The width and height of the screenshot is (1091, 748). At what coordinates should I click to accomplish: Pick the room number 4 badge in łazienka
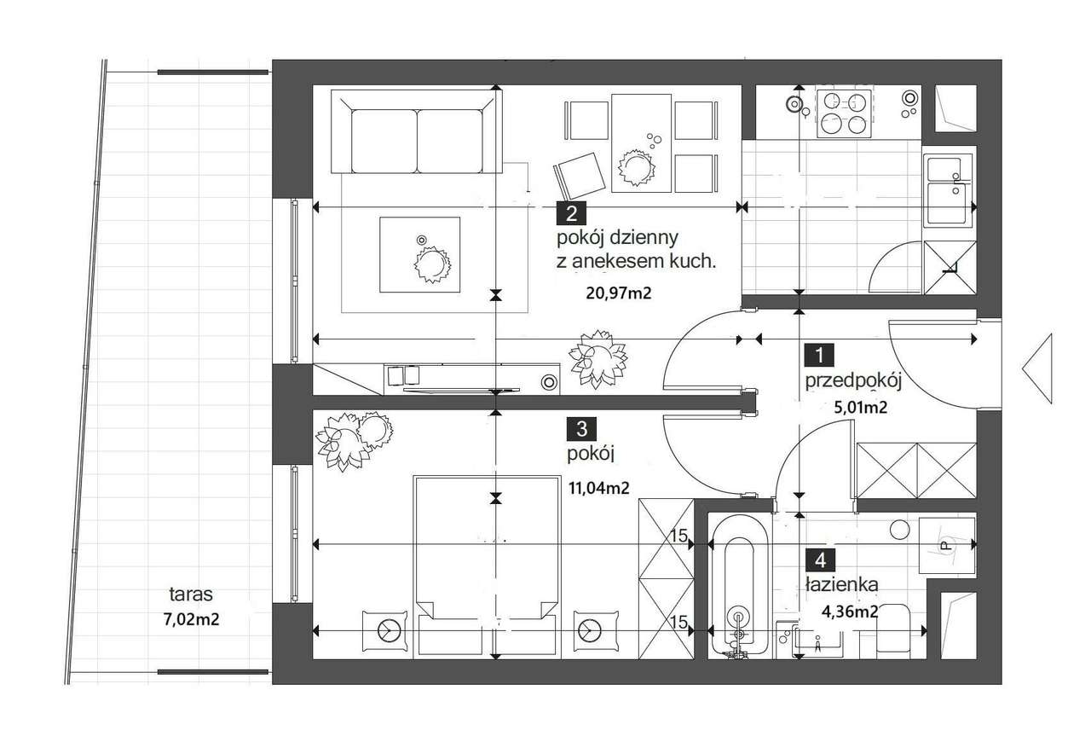(820, 560)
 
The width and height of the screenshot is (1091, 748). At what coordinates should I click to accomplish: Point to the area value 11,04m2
(598, 489)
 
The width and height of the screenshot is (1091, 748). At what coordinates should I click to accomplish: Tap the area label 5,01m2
(860, 408)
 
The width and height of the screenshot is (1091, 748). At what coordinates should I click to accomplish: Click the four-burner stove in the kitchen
(844, 113)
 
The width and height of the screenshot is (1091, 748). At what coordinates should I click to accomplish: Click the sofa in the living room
(418, 135)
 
